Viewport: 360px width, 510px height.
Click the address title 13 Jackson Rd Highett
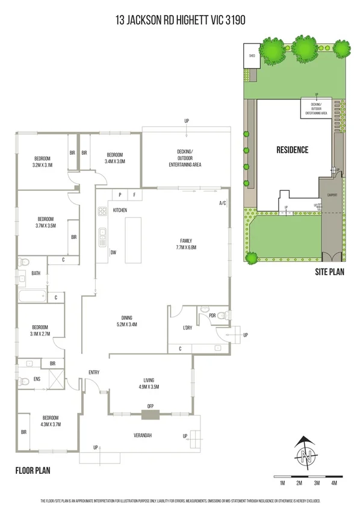[x=180, y=20]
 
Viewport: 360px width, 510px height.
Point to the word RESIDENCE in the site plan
[x=292, y=150]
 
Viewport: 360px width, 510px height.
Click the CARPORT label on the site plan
[x=331, y=195]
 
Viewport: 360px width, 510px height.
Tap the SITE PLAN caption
[x=329, y=272]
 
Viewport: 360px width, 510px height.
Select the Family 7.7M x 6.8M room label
[x=185, y=243]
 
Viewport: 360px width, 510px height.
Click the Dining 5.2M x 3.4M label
[x=126, y=321]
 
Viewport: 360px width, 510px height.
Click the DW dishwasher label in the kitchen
[x=113, y=252]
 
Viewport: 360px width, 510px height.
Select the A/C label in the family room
[x=222, y=203]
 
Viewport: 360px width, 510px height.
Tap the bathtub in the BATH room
[x=31, y=296]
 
